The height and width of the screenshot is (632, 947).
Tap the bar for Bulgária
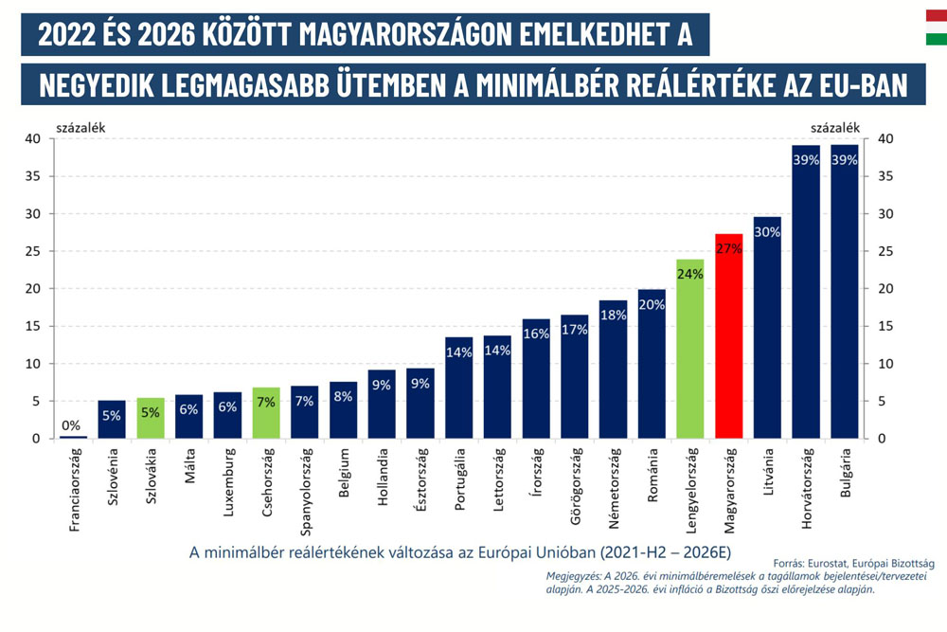[x=845, y=294]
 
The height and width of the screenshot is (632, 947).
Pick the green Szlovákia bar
[x=151, y=419]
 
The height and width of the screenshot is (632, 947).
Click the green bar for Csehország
[x=266, y=413]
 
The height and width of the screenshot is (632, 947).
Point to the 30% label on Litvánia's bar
[x=767, y=232]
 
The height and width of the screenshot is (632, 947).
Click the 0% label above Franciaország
[x=73, y=425]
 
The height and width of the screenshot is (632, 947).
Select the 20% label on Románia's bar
[x=652, y=305]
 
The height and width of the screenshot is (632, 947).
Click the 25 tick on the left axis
[x=33, y=251]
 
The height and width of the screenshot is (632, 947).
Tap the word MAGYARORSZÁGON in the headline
[x=404, y=34]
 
